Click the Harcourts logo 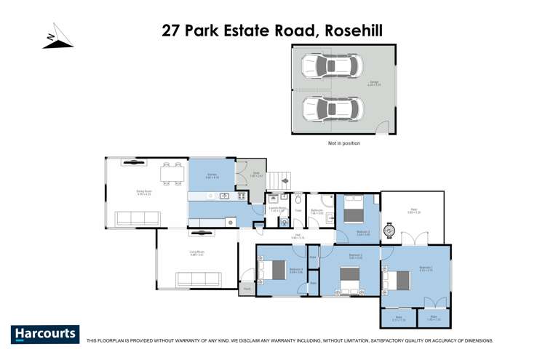point(44,334)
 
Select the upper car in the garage point(330,67)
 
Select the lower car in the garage point(330,110)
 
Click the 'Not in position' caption point(344,143)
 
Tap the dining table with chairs point(172,175)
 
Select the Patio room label point(412,212)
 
